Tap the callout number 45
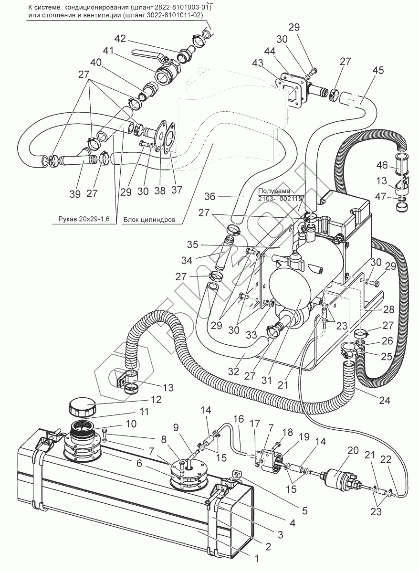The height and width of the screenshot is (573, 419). click(x=377, y=71)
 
